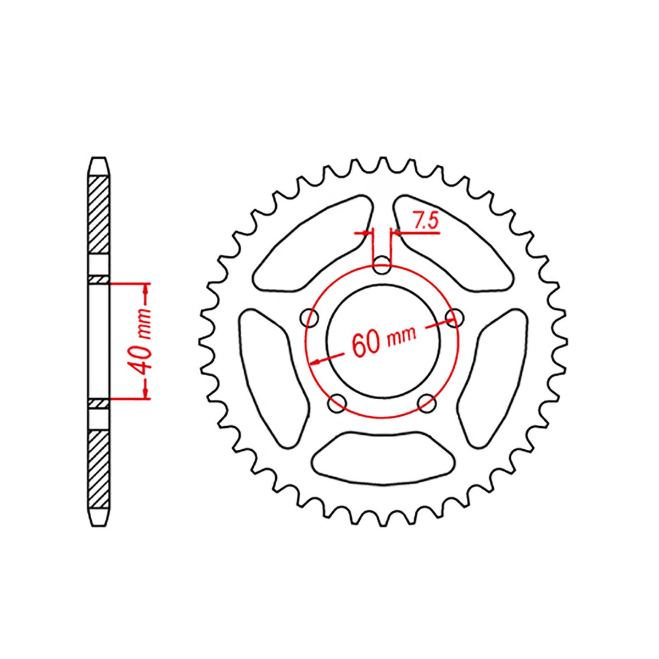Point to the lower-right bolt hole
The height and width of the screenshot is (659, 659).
click(426, 404)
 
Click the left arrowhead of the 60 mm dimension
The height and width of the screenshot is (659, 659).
click(316, 362)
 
